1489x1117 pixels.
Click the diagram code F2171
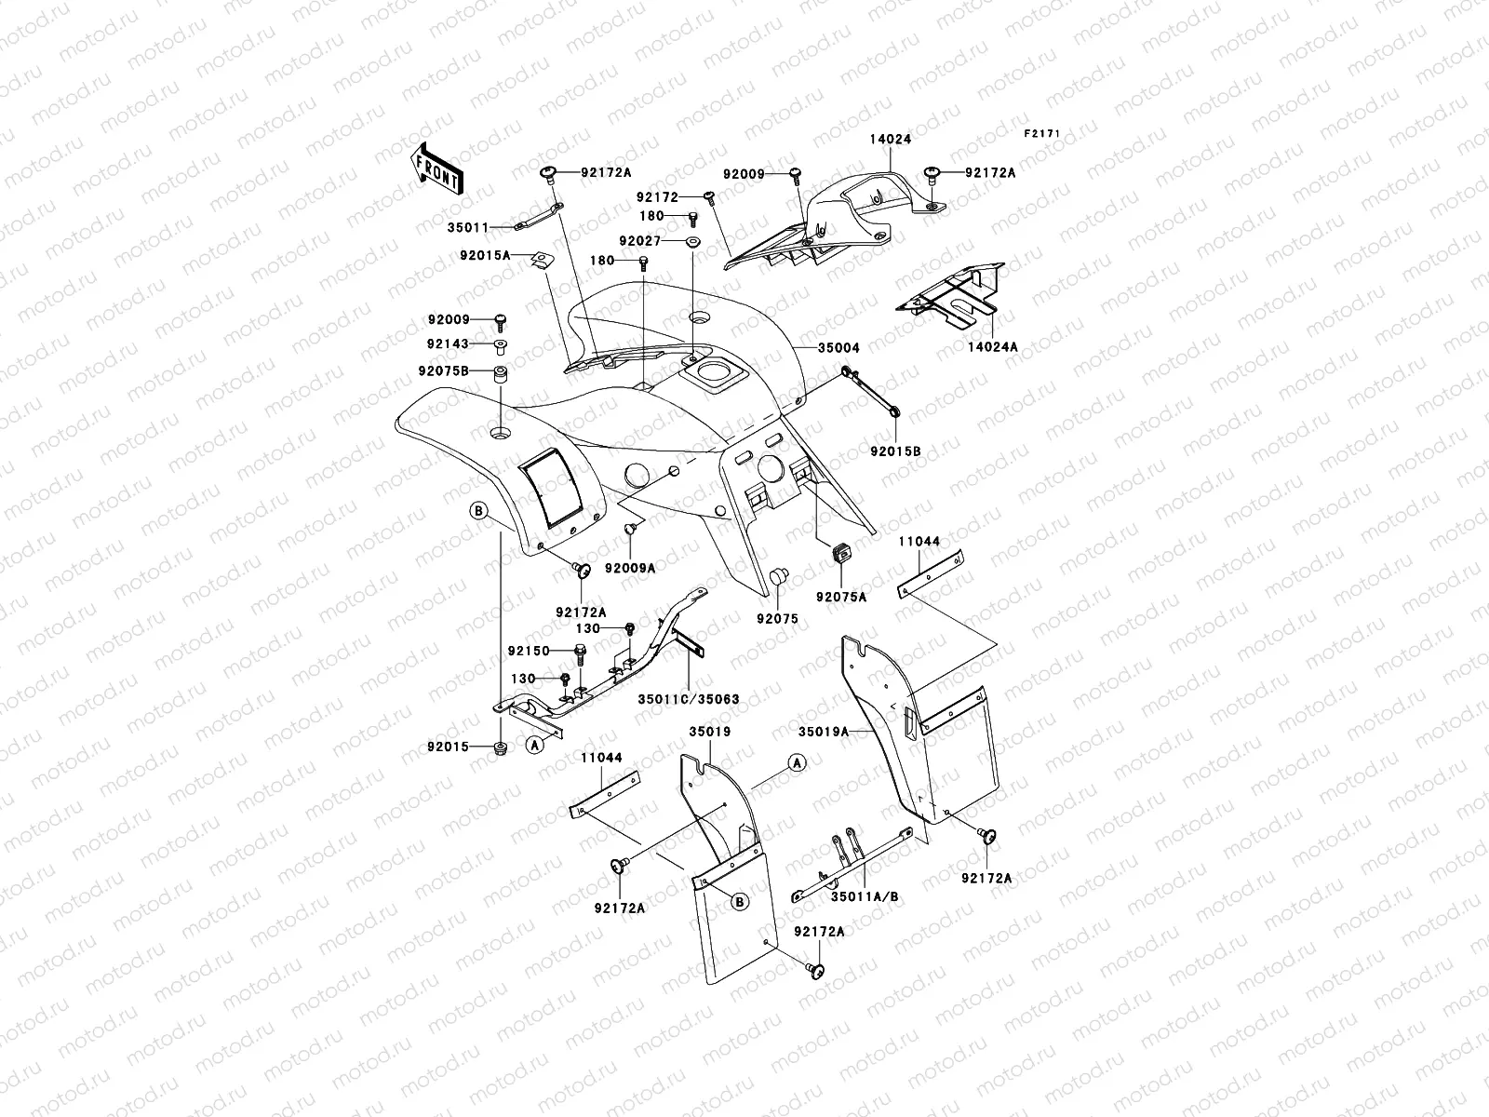pyautogui.click(x=1042, y=134)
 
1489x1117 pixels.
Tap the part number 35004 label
pyautogui.click(x=838, y=348)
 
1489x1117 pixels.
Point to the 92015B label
pyautogui.click(x=896, y=451)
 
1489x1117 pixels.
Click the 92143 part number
pyautogui.click(x=448, y=344)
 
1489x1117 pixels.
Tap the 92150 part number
pyautogui.click(x=529, y=650)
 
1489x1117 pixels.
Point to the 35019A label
pyautogui.click(x=824, y=732)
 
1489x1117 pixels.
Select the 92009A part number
pyautogui.click(x=630, y=567)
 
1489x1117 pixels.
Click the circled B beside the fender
pyautogui.click(x=477, y=510)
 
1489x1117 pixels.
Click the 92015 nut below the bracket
pyautogui.click(x=500, y=747)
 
